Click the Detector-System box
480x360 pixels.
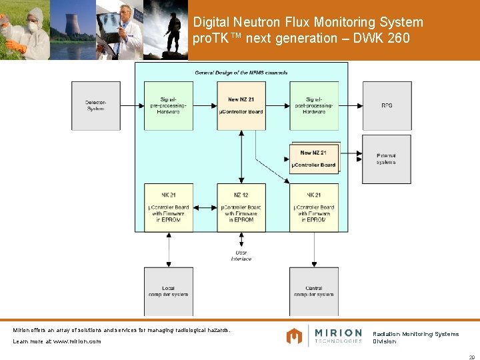pos(96,105)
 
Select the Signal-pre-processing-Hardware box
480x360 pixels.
pos(169,105)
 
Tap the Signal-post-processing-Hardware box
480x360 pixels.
pos(314,105)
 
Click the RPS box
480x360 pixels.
pos(387,105)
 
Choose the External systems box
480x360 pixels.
pos(387,159)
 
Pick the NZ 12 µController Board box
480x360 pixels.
pos(241,207)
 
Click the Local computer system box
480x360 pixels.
pos(169,291)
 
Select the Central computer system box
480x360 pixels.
pos(314,291)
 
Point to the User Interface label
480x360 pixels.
pos(241,255)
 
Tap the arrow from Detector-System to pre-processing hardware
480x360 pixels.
pos(133,105)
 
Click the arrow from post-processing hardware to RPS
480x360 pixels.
pos(350,105)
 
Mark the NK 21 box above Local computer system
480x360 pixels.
pos(169,207)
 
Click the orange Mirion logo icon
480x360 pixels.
pos(294,336)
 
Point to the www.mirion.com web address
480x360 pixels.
pos(77,341)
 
